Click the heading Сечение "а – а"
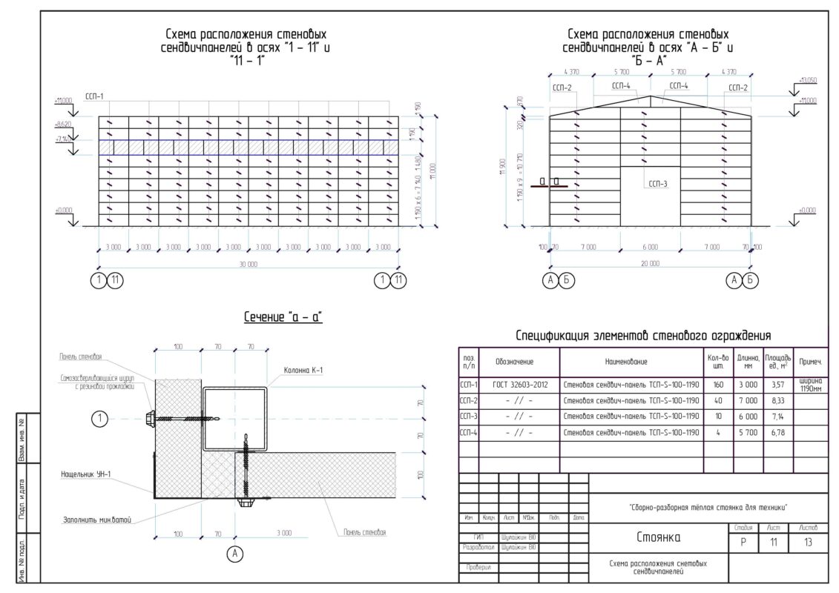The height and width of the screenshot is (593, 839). point(283,317)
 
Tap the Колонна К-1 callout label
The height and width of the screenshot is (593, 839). point(303,370)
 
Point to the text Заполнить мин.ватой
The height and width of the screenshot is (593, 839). point(97,520)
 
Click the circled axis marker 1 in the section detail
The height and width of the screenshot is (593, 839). point(99,420)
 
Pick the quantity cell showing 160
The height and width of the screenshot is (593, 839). point(717,385)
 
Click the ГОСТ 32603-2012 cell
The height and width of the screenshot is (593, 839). point(519,385)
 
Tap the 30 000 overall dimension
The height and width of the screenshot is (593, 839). point(248,264)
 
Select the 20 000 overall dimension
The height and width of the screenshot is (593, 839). point(650,263)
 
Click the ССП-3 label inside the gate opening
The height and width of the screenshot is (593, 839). point(658,184)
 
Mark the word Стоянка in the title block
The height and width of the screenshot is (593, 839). point(657,537)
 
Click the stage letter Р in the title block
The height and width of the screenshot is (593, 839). point(743,543)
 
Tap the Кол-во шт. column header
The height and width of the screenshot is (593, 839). point(717,361)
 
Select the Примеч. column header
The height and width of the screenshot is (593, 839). point(810,362)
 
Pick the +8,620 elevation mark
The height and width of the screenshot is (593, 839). point(65,125)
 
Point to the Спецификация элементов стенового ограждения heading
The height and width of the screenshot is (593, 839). point(643,336)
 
